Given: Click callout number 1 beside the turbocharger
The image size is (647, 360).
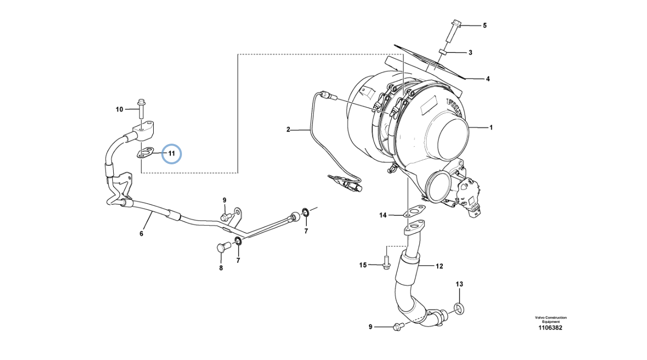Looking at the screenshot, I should tap(490, 128).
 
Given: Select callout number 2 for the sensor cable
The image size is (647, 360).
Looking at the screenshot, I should tap(289, 129).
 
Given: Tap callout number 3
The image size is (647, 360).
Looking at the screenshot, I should tap(470, 52).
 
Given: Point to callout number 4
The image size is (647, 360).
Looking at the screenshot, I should tap(488, 79).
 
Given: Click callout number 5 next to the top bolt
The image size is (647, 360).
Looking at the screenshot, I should tap(484, 25).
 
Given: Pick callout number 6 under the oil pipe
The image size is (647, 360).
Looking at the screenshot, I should tap(142, 233).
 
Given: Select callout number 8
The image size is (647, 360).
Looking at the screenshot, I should tap(221, 268).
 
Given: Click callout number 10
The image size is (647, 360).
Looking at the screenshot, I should tap(119, 109).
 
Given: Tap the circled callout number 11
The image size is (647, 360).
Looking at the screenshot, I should tap(171, 153).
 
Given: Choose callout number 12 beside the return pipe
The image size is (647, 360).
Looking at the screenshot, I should tap(439, 266).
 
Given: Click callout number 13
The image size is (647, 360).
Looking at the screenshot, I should tap(459, 284).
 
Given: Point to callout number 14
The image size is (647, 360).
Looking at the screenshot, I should tap(383, 215).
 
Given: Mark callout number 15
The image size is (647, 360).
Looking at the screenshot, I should tap(362, 265).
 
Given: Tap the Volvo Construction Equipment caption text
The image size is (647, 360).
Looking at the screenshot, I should tap(551, 320).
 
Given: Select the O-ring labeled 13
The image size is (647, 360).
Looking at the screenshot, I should tap(459, 307).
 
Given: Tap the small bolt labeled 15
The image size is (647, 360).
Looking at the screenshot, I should tap(386, 264).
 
